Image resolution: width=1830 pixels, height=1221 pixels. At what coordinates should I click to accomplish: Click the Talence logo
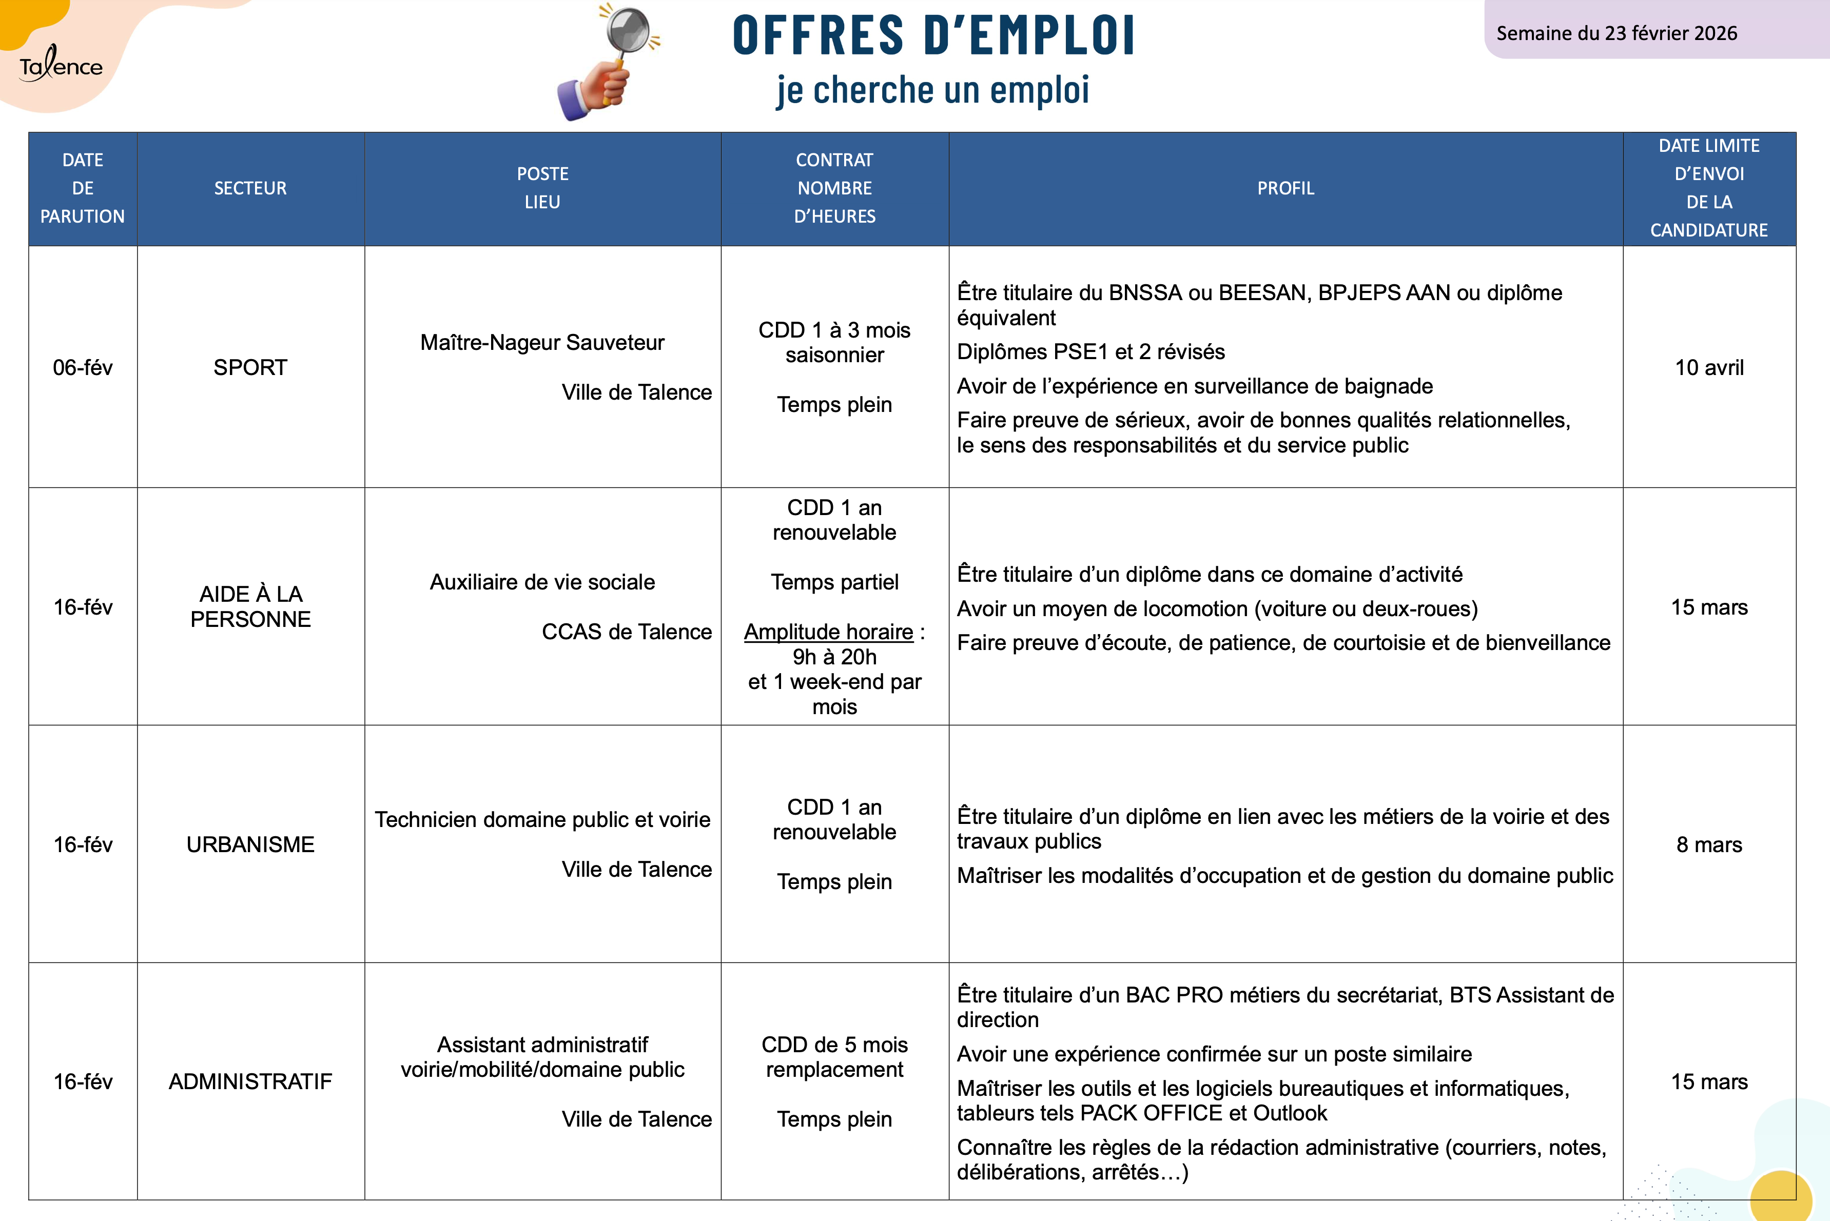(61, 64)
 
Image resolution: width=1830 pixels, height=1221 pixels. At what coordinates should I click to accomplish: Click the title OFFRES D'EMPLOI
(933, 36)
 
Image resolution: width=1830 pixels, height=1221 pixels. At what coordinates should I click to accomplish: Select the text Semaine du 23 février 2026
(1616, 33)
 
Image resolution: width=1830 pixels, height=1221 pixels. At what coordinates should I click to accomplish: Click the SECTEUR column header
(250, 188)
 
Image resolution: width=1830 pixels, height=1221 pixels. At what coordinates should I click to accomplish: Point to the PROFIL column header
(1285, 188)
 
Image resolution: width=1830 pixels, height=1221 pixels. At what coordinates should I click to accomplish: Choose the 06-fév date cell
(83, 367)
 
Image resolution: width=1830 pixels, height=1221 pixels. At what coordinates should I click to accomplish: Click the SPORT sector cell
(250, 367)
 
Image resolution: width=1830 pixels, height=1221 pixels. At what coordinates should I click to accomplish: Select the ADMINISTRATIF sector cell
(250, 1081)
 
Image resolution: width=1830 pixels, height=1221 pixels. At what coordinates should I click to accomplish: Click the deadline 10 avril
(1708, 367)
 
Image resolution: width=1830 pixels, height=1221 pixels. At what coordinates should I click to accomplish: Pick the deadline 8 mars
(1708, 845)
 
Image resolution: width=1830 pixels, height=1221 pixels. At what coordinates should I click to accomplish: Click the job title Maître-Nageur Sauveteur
(542, 343)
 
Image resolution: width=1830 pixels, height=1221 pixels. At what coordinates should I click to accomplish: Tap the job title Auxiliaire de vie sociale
(542, 582)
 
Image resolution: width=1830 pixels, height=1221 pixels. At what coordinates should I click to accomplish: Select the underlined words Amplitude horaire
(828, 632)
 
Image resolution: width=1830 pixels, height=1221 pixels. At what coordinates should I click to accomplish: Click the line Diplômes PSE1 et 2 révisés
(1090, 352)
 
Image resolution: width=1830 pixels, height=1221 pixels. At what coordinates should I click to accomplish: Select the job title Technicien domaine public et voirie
(542, 819)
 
